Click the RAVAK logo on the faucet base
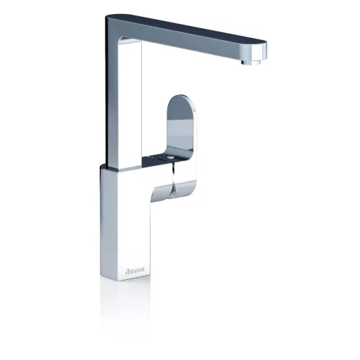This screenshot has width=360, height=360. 135,271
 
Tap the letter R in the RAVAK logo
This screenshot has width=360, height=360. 128,271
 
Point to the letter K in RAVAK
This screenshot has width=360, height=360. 143,271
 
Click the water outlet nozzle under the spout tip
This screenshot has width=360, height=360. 250,63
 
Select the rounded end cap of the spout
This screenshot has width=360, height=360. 259,51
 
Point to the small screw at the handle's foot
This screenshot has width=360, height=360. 171,157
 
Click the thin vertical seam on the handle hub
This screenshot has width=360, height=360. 173,178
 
